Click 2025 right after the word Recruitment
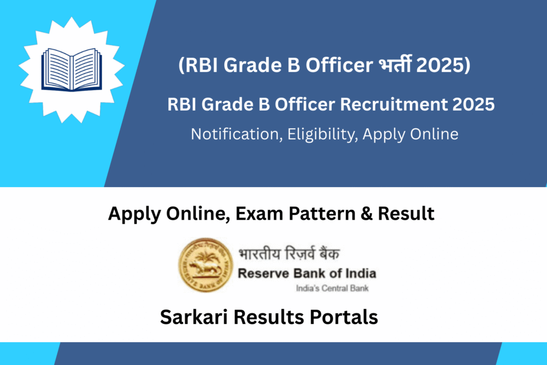pos(473,104)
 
